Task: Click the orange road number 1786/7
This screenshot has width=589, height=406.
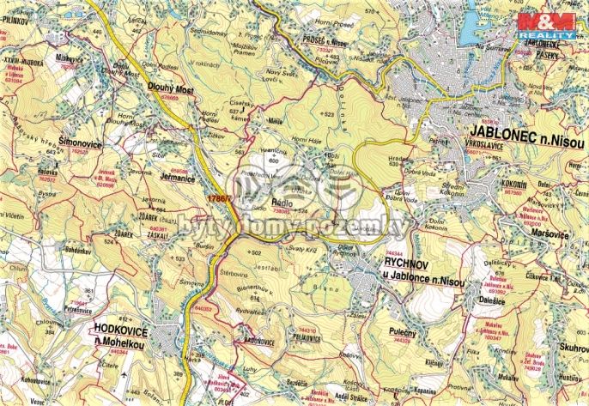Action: point(220,199)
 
